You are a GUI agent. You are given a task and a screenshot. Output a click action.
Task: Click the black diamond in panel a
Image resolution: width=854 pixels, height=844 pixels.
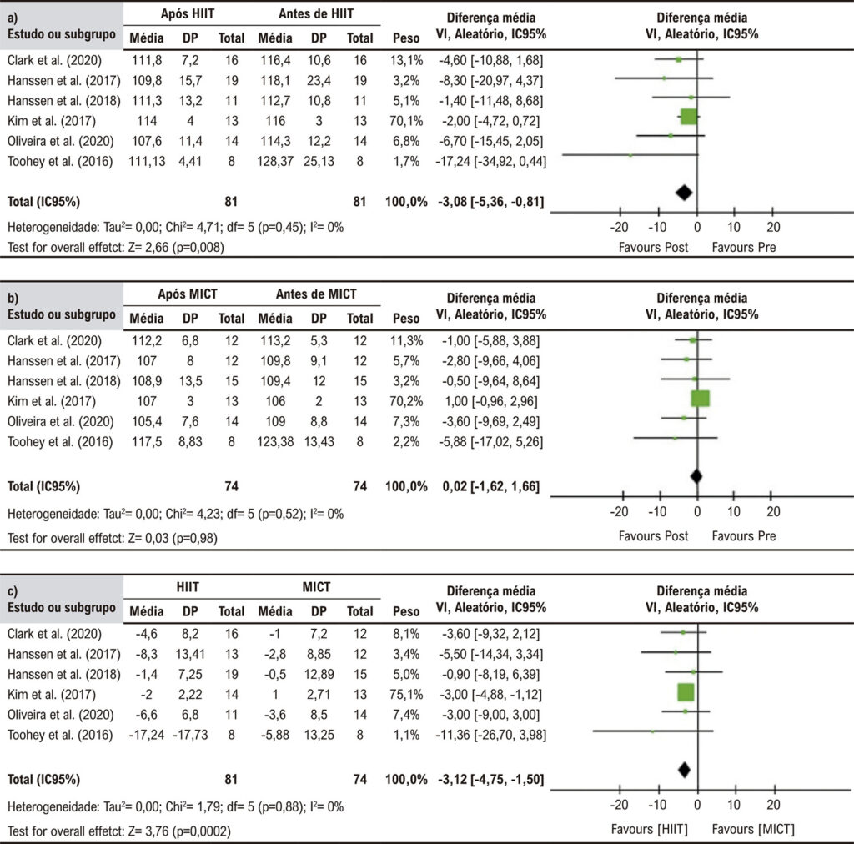(x=684, y=192)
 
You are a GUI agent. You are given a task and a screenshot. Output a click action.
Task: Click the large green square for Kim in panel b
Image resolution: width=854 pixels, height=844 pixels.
(x=700, y=399)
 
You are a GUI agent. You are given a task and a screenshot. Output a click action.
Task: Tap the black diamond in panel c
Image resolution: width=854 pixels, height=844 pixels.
(x=684, y=770)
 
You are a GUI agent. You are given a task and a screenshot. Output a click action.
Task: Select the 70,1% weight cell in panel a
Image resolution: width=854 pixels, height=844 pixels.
(x=406, y=121)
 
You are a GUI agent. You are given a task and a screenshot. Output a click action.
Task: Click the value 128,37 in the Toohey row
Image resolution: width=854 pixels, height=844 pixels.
(x=275, y=161)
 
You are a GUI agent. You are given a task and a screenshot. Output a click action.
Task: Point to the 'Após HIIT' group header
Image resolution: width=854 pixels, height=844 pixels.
(x=188, y=13)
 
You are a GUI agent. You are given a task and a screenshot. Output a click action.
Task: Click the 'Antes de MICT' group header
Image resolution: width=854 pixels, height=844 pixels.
(x=316, y=294)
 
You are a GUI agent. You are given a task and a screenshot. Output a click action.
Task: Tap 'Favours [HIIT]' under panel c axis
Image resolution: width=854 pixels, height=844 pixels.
(x=649, y=829)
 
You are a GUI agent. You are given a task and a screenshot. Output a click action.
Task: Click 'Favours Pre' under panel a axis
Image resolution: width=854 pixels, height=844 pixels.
(x=743, y=247)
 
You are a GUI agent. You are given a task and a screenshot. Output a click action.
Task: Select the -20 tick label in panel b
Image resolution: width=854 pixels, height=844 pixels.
(x=620, y=512)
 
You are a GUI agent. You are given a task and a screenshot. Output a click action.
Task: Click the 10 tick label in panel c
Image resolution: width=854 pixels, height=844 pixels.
(x=734, y=805)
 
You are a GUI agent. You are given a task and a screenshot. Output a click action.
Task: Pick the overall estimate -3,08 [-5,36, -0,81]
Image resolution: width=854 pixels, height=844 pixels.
(x=490, y=202)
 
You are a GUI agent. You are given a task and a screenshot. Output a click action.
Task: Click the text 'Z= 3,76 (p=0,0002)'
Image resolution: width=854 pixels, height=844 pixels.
(x=179, y=831)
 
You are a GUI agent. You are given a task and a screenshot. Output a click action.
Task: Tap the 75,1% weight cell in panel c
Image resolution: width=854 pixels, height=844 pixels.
(x=406, y=694)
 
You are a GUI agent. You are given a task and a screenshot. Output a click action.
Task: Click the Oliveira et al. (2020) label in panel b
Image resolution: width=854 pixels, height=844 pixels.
(x=60, y=421)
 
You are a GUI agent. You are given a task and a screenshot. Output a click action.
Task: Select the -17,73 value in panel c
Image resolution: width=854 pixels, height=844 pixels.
(x=190, y=735)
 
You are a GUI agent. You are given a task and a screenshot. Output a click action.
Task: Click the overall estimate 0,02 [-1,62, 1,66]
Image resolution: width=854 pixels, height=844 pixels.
(x=490, y=487)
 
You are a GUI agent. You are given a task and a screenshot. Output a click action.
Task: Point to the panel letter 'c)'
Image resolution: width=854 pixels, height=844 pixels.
(x=13, y=591)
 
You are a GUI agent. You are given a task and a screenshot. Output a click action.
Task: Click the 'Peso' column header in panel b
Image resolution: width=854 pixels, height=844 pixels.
(x=406, y=319)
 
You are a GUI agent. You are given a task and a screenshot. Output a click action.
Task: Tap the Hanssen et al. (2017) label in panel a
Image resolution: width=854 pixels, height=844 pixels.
(x=63, y=81)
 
